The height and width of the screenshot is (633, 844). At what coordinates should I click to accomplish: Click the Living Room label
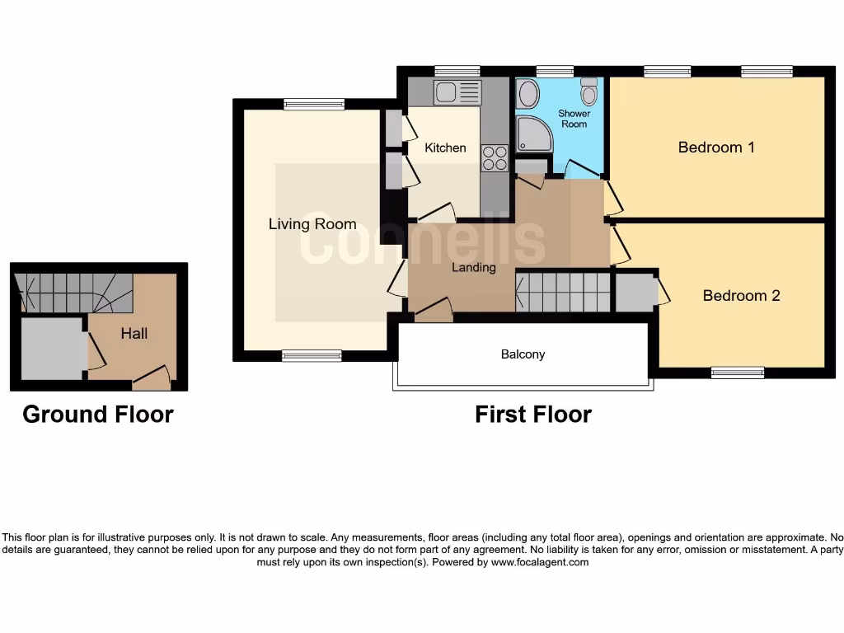click(312, 223)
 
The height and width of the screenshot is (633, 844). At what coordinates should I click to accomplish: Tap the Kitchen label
click(445, 148)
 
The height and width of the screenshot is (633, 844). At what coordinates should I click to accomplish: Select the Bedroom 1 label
click(716, 148)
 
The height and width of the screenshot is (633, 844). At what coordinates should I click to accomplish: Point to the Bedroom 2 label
click(741, 295)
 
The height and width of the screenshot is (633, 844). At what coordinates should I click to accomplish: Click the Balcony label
click(523, 354)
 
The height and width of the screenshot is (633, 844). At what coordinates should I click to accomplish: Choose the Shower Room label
click(574, 119)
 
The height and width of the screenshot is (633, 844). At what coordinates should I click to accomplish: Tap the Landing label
click(473, 267)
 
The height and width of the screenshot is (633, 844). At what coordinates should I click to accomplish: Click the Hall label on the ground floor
click(134, 333)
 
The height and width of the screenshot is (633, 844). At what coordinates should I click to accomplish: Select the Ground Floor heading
click(98, 414)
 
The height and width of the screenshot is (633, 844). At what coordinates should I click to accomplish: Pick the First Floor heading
click(532, 414)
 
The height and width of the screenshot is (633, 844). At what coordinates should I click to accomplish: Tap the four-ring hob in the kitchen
click(495, 157)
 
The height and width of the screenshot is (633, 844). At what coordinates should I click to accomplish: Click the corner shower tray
click(534, 134)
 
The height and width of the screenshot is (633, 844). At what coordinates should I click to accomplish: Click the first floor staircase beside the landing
click(562, 292)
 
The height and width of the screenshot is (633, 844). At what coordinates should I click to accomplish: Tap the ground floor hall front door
click(152, 381)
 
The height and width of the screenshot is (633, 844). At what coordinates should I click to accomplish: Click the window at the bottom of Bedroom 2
click(737, 373)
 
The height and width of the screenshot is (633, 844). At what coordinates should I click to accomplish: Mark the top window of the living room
click(314, 104)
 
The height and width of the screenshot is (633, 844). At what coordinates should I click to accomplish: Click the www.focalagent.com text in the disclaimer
click(540, 562)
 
